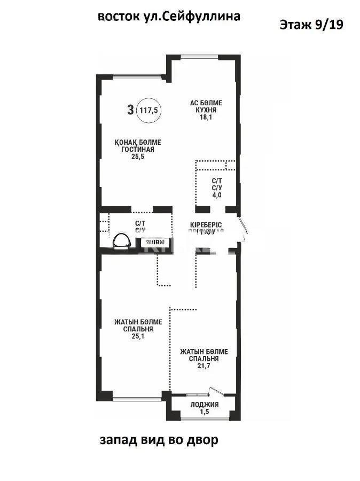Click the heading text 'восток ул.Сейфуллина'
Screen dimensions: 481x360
click(x=169, y=17)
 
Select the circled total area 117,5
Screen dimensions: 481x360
click(x=148, y=111)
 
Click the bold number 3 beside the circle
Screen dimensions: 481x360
click(x=130, y=111)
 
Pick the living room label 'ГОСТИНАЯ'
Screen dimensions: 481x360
click(x=137, y=150)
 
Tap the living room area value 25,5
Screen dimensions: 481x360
click(x=137, y=158)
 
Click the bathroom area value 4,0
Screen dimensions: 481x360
click(x=217, y=195)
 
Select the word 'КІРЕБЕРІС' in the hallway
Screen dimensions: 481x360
click(x=206, y=224)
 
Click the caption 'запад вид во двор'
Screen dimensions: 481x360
click(x=159, y=441)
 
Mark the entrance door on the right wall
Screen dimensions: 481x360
click(x=244, y=227)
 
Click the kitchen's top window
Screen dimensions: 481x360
click(x=199, y=56)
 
